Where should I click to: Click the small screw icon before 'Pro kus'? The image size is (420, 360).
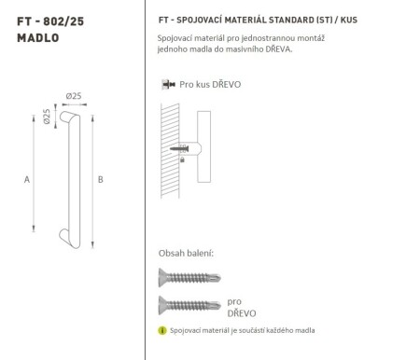pyautogui.click(x=167, y=84)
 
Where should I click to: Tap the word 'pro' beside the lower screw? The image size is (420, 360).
pyautogui.click(x=233, y=302)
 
